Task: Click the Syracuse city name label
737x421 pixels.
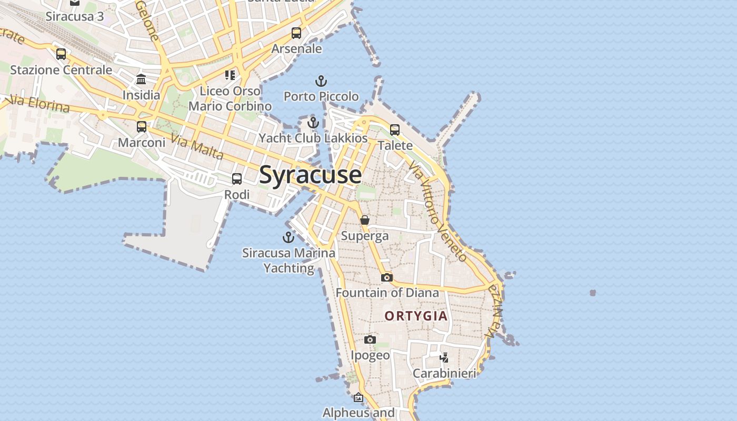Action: (x=310, y=175)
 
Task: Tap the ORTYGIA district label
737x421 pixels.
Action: (x=416, y=316)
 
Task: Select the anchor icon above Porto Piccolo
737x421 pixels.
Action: (x=321, y=81)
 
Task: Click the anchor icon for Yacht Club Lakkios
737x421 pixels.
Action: (x=313, y=123)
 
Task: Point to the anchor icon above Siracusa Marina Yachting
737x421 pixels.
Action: (x=288, y=237)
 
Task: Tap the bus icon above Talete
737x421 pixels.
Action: (x=395, y=130)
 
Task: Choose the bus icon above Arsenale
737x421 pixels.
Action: (x=296, y=33)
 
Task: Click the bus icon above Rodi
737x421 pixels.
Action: (x=237, y=179)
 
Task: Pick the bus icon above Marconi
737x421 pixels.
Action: (x=142, y=127)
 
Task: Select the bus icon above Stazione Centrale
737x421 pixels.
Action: (x=61, y=54)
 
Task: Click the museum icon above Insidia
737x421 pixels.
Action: (x=141, y=79)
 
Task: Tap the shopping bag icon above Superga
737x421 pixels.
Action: (x=365, y=220)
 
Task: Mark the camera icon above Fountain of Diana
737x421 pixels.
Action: (x=387, y=277)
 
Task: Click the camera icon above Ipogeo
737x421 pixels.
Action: (x=370, y=339)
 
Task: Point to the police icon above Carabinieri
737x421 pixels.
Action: (x=444, y=358)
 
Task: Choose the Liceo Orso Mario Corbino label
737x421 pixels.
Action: (x=230, y=98)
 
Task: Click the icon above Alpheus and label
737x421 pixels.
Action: (x=358, y=397)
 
